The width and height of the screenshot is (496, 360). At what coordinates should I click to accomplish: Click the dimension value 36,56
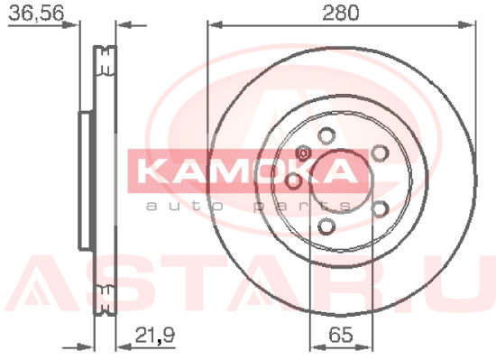pyautogui.click(x=36, y=14)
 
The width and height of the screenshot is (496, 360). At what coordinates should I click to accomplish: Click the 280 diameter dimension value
pyautogui.click(x=341, y=13)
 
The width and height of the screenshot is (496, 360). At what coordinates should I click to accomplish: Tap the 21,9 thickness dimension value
pyautogui.click(x=155, y=335)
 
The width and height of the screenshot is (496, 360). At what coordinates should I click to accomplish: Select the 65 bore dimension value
pyautogui.click(x=341, y=335)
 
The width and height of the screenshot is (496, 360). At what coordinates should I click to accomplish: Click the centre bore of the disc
pyautogui.click(x=341, y=181)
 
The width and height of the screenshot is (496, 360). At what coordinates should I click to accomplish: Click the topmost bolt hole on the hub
pyautogui.click(x=326, y=136)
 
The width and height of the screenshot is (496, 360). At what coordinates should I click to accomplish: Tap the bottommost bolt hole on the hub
pyautogui.click(x=326, y=226)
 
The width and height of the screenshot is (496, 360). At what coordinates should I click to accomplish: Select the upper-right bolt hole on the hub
pyautogui.click(x=380, y=153)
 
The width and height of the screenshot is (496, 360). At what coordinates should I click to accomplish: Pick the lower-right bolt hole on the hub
pyautogui.click(x=380, y=209)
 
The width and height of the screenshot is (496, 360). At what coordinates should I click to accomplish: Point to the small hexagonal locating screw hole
pyautogui.click(x=303, y=153)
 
